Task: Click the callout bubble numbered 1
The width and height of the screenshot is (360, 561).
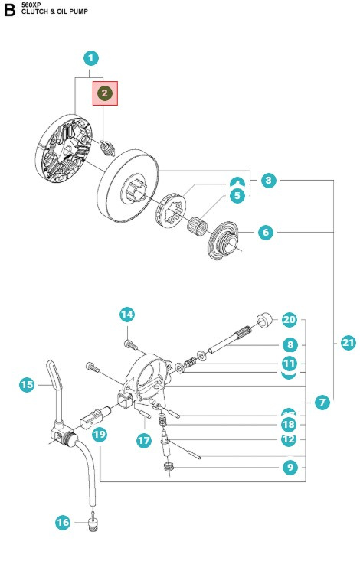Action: (91, 57)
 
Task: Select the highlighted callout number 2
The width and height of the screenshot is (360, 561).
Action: (105, 93)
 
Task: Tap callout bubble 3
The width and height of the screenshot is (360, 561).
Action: (267, 181)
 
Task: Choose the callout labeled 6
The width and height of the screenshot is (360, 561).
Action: (265, 232)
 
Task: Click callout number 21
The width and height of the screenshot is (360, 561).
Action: (349, 342)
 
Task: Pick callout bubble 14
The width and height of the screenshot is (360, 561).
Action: (127, 314)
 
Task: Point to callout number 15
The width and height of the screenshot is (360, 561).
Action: (27, 385)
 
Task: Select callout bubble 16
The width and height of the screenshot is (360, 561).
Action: (63, 523)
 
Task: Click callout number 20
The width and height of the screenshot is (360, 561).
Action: (289, 319)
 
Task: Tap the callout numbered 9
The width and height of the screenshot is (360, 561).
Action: (289, 466)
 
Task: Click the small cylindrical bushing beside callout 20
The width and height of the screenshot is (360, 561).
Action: (264, 318)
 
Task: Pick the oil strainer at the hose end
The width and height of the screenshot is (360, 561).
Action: (95, 523)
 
